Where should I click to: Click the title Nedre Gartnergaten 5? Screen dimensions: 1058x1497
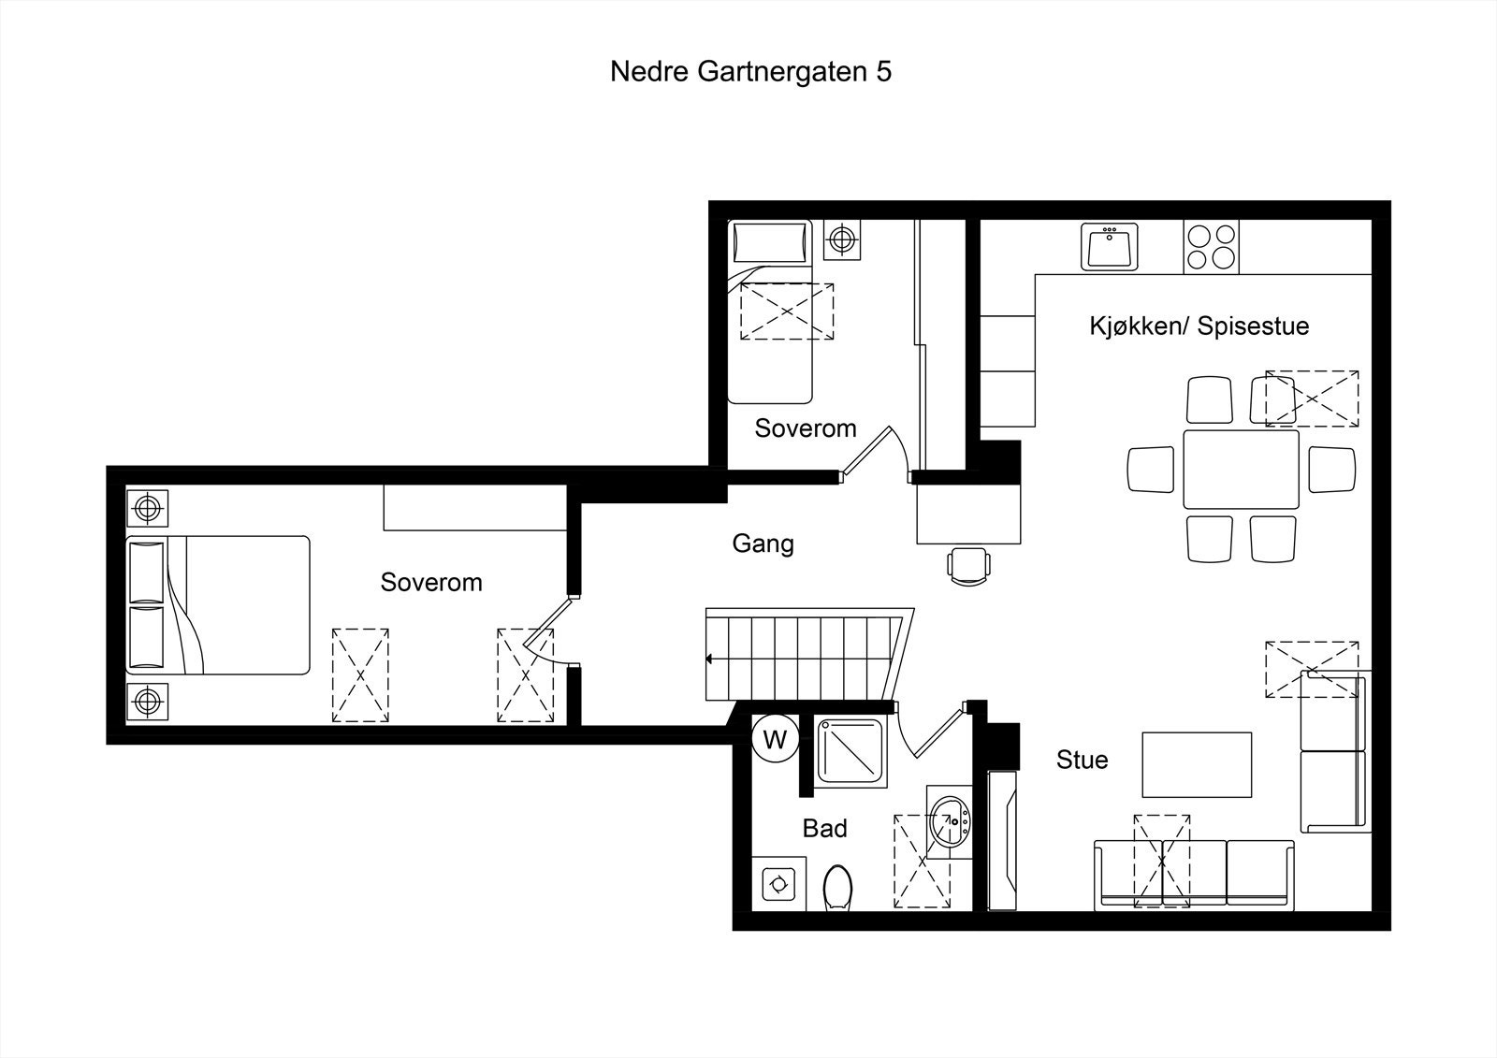(x=749, y=72)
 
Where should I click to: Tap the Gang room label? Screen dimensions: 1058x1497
(x=763, y=543)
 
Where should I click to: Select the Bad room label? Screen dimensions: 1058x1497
(x=824, y=828)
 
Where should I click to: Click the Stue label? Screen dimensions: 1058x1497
(x=1082, y=760)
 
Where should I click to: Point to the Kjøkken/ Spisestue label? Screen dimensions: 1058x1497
(x=1199, y=326)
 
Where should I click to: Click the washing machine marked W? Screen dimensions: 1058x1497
(x=775, y=740)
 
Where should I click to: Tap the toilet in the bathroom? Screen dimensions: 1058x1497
(x=837, y=886)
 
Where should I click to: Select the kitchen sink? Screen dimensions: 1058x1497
(x=1110, y=246)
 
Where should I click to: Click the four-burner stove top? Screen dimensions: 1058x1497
(x=1212, y=246)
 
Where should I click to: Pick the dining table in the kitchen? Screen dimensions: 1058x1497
(x=1241, y=469)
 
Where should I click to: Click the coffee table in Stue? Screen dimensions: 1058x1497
(x=1196, y=764)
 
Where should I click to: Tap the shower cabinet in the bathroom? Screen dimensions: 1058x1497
(x=850, y=752)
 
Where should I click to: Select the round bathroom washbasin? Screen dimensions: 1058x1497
(x=951, y=822)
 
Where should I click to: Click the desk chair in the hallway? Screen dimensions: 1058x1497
(x=967, y=565)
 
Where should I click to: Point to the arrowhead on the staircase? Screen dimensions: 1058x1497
(x=710, y=659)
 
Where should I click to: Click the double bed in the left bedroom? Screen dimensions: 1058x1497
(x=217, y=604)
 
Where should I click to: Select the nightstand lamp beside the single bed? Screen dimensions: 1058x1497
(x=842, y=240)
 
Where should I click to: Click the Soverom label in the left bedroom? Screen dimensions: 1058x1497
(x=430, y=582)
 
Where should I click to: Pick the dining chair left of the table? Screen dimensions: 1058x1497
(x=1150, y=469)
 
